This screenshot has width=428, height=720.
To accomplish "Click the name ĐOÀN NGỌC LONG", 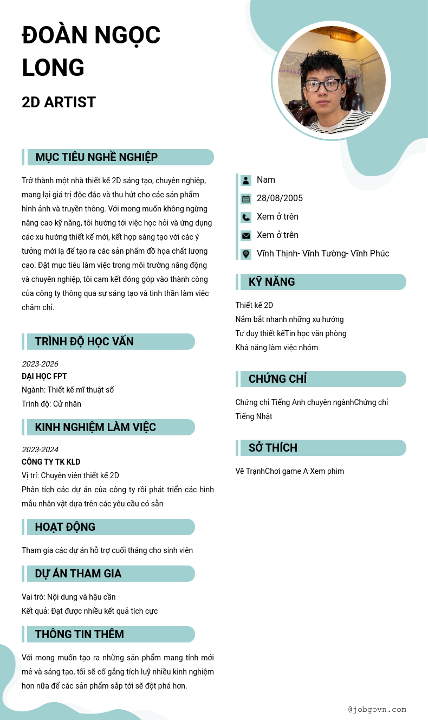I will click(91, 52).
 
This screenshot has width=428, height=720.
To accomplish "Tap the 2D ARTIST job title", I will click(59, 102).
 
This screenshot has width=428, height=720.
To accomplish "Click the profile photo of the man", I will click(332, 80).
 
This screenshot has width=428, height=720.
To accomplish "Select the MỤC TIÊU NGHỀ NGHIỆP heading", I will click(96, 157).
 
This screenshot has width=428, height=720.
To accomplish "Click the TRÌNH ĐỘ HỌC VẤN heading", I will click(84, 342).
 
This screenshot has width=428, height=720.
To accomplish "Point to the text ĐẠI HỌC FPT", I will click(44, 376).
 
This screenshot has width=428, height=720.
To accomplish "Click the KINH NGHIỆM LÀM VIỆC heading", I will click(95, 427).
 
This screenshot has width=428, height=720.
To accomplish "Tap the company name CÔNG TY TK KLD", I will click(51, 462).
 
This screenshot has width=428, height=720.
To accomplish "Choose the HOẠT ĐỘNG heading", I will click(65, 527).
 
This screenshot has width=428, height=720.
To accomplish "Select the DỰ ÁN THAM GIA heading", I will click(78, 574).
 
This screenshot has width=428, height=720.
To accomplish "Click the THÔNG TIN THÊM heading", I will click(79, 634).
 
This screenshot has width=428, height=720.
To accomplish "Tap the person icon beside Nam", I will click(246, 180).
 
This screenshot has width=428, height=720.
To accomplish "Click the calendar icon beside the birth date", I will click(246, 198).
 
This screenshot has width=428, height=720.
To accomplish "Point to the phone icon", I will click(246, 217).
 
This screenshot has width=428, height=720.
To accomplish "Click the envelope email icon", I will click(246, 235).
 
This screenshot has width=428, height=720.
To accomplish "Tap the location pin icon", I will click(246, 254).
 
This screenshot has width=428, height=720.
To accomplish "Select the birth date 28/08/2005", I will click(280, 198).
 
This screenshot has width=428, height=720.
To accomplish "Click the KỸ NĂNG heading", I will click(271, 282).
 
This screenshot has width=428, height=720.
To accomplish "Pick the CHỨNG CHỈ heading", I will click(277, 379).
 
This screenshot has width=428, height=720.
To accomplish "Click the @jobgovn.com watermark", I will click(377, 709).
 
